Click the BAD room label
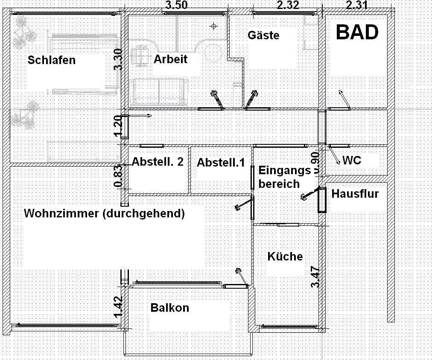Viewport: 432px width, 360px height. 357,32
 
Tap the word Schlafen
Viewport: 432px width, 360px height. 51,60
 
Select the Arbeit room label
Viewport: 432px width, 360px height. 170,59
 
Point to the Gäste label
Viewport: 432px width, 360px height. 263,35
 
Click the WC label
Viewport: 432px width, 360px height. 352,160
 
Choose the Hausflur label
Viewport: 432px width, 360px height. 355,193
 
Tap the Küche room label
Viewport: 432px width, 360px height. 285,256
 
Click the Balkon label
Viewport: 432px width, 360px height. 169,307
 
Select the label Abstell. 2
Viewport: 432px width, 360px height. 158,162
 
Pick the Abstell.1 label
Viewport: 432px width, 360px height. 221,162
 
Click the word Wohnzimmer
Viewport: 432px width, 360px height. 61,214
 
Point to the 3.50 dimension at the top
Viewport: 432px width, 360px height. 176,5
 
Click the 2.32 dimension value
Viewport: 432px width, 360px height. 288,5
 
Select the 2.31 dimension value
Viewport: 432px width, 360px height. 356,5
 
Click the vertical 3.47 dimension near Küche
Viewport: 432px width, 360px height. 315,277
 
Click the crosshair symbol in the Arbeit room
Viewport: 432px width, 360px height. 214,26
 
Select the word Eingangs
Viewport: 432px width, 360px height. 284,170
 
